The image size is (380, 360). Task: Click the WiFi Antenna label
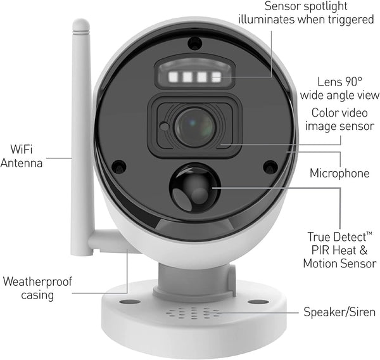pyautogui.click(x=22, y=156)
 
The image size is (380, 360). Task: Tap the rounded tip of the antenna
pyautogui.click(x=81, y=24)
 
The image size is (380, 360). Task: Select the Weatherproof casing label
pyautogui.click(x=37, y=288)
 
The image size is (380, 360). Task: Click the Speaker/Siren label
pyautogui.click(x=339, y=312)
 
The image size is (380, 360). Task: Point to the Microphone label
pyautogui.click(x=339, y=173)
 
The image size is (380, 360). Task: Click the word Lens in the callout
pyautogui.click(x=329, y=82)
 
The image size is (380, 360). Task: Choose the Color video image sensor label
pyautogui.click(x=339, y=120)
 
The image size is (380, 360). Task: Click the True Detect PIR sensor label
pyautogui.click(x=339, y=250)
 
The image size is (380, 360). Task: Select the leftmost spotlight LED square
pyautogui.click(x=173, y=77)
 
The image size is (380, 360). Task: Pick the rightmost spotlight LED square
pyautogui.click(x=216, y=77)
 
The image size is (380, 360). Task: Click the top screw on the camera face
pyautogui.click(x=195, y=44)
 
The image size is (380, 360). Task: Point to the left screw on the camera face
pyautogui.click(x=119, y=167)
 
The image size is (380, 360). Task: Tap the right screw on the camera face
pyautogui.click(x=270, y=167)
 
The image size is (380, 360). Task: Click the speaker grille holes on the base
pyautogui.click(x=192, y=313)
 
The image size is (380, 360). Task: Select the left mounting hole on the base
pyautogui.click(x=130, y=302)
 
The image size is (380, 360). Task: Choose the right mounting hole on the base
pyautogui.click(x=258, y=302)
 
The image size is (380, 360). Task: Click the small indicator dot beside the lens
pyautogui.click(x=165, y=126)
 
